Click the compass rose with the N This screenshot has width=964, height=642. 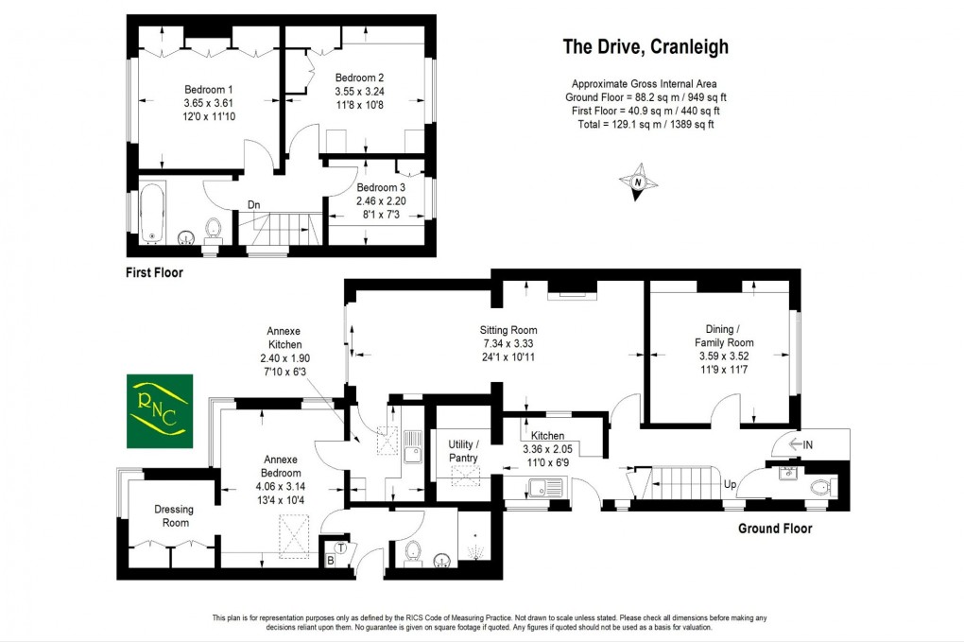(x=639, y=182)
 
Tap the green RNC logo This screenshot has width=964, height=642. (x=160, y=411)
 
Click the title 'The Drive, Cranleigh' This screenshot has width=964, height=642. (x=646, y=46)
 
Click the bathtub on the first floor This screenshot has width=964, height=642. (x=152, y=213)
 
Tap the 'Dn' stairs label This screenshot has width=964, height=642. (x=253, y=204)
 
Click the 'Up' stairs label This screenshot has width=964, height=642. (x=729, y=483)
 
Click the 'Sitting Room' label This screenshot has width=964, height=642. (x=508, y=330)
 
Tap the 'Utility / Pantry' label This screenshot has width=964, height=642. (x=463, y=451)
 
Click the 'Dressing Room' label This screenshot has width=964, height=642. (x=173, y=515)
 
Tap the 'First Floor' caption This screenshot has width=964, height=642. (x=154, y=273)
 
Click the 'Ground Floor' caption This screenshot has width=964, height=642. (x=774, y=529)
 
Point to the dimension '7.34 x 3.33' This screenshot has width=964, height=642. (x=508, y=343)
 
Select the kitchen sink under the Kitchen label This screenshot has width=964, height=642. (x=546, y=489)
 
